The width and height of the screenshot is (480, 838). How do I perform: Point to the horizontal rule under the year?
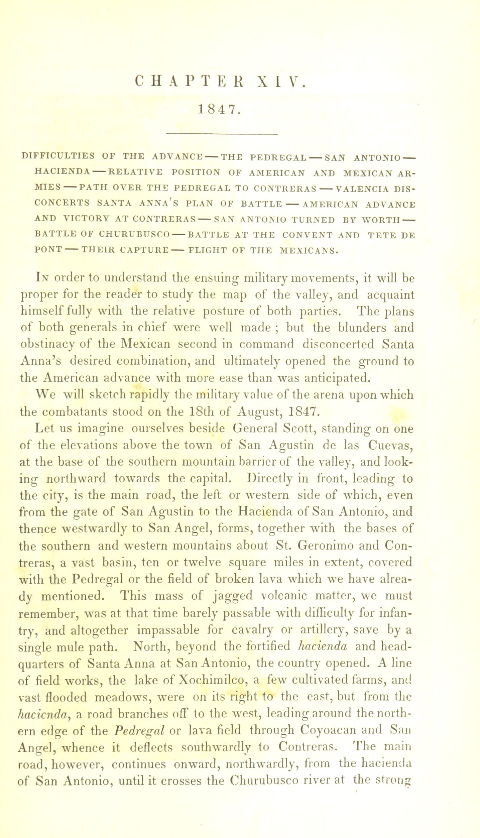(222, 135)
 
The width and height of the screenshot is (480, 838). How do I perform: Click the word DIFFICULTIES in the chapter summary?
(57, 156)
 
